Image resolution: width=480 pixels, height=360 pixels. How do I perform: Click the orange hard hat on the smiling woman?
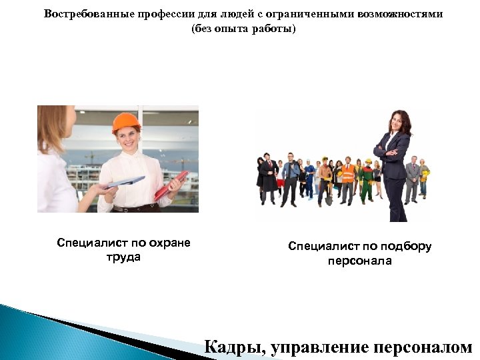click(125, 122)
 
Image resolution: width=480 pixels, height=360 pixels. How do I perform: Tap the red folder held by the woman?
click(171, 185)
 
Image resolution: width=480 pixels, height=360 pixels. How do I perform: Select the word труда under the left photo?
click(123, 257)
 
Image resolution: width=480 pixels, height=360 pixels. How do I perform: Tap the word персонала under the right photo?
click(359, 261)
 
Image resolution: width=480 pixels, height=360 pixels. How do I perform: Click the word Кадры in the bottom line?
click(229, 347)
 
